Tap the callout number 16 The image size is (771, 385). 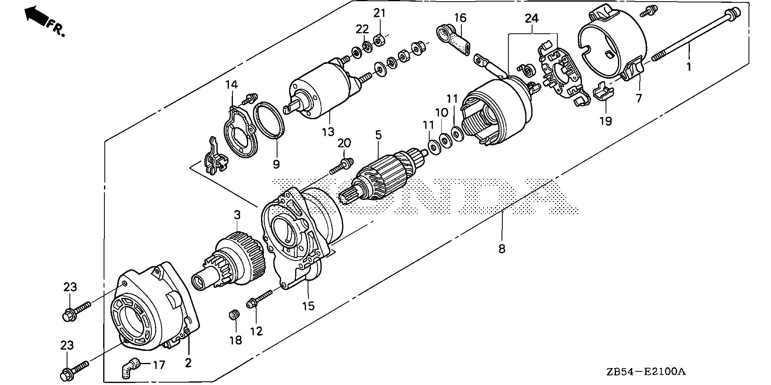tap(461, 18)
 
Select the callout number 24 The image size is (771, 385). tap(532, 18)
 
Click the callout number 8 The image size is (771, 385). tap(502, 249)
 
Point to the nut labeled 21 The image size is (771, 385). tap(379, 40)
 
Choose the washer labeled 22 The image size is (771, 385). tap(367, 45)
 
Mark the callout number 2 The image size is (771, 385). tap(188, 363)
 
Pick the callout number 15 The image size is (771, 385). tap(308, 306)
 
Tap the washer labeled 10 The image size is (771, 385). tap(445, 141)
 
